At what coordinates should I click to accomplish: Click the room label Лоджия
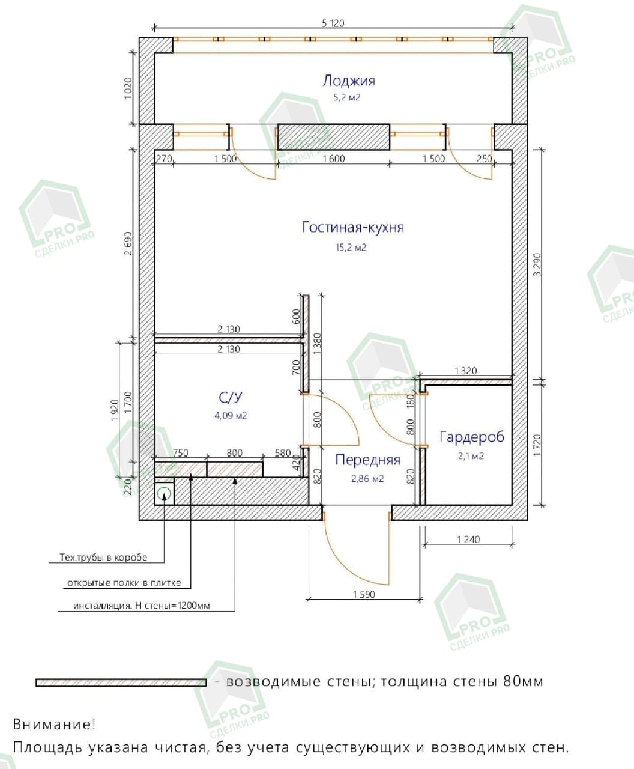348,81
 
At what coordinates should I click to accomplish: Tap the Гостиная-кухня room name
352,228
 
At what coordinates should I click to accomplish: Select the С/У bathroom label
230,397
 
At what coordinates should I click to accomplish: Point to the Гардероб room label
472,437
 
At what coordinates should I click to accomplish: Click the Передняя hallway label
367,460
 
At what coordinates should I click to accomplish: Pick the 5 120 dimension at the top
333,23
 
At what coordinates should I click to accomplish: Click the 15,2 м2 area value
351,247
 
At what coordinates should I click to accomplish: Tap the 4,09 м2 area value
231,415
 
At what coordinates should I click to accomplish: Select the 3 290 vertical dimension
538,265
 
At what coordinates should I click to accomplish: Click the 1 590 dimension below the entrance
363,595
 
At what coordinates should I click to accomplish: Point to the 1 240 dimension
468,540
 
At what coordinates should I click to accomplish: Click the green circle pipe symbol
164,494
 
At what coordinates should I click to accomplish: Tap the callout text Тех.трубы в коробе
103,558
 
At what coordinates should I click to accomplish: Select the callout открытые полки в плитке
124,583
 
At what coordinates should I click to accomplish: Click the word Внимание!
54,724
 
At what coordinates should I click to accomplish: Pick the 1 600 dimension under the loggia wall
334,159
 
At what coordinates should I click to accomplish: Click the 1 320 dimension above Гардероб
466,371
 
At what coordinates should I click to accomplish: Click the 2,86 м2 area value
367,479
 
